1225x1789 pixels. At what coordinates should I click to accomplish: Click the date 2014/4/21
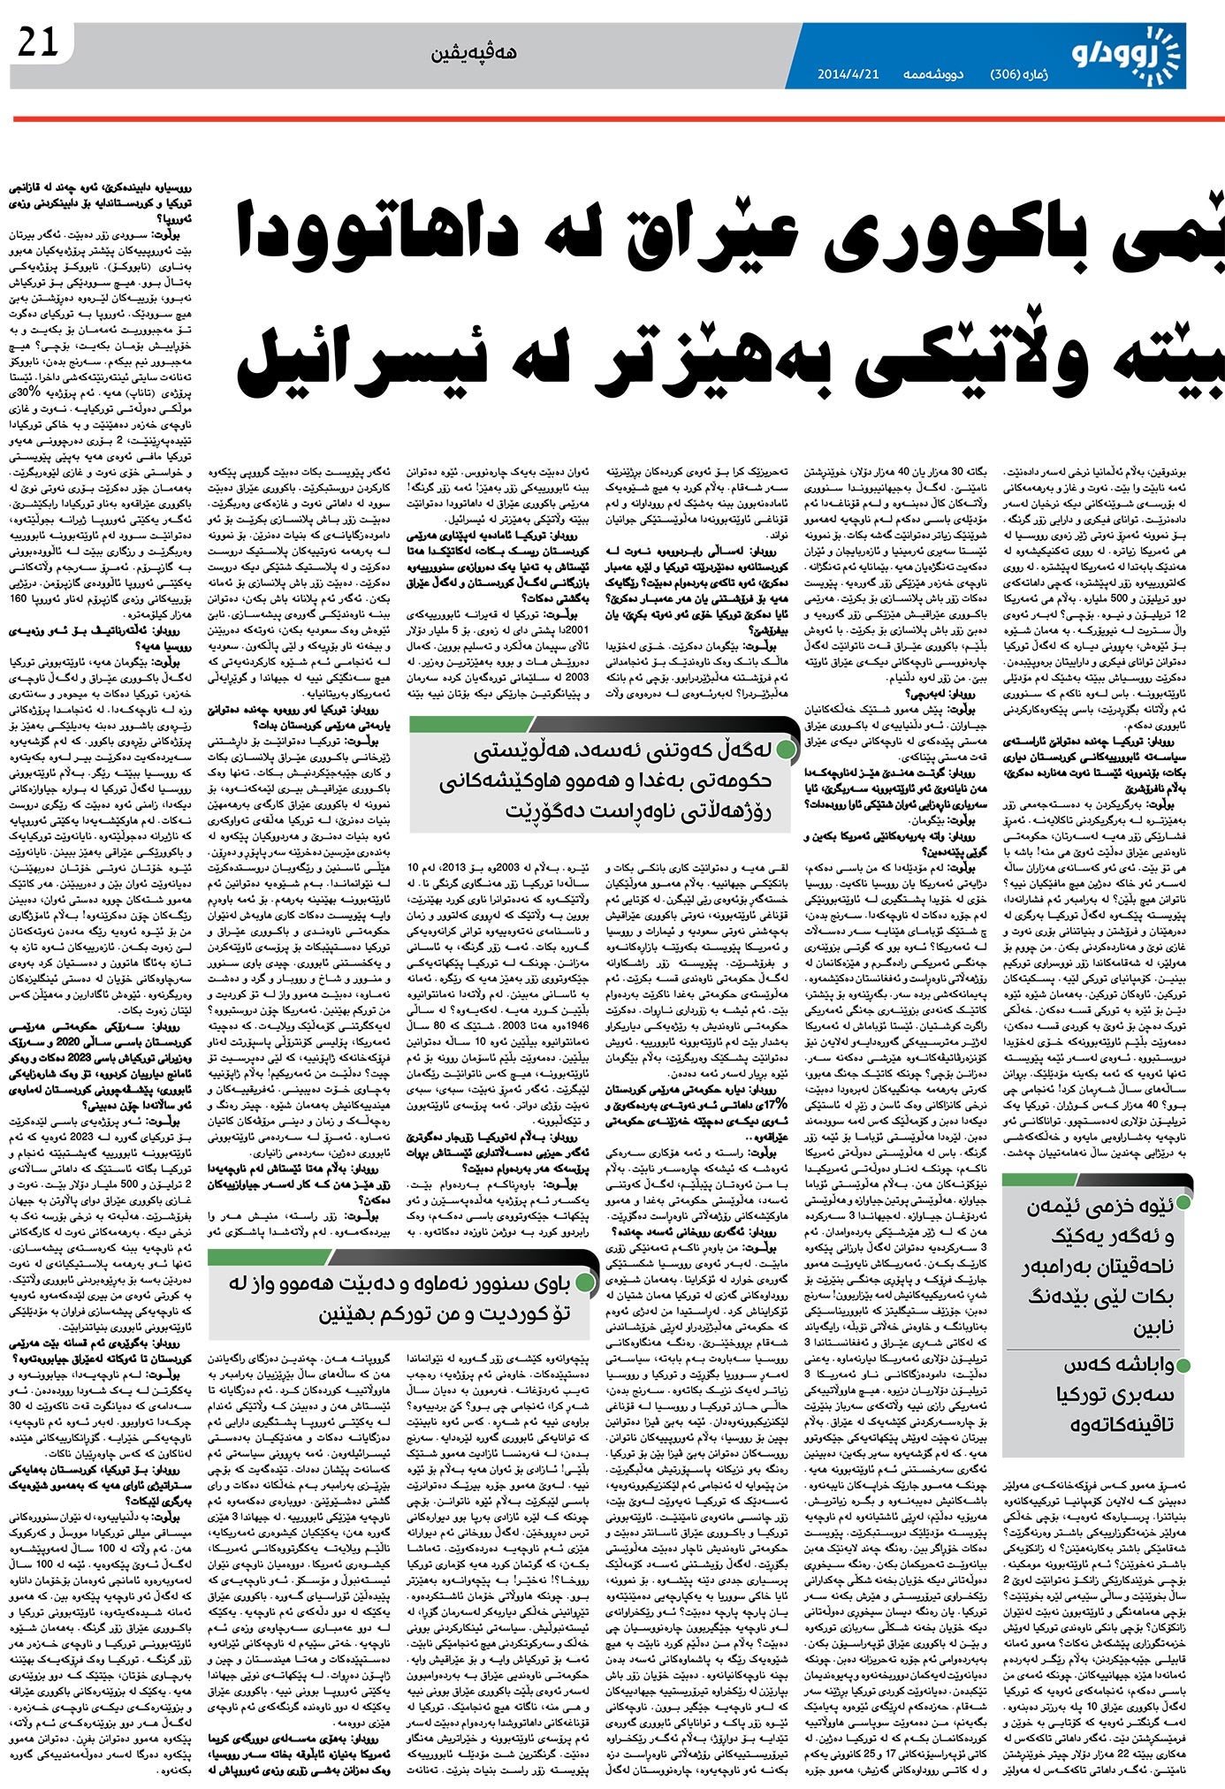(x=847, y=74)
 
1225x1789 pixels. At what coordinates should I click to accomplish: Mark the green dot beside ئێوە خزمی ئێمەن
(x=1184, y=1203)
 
